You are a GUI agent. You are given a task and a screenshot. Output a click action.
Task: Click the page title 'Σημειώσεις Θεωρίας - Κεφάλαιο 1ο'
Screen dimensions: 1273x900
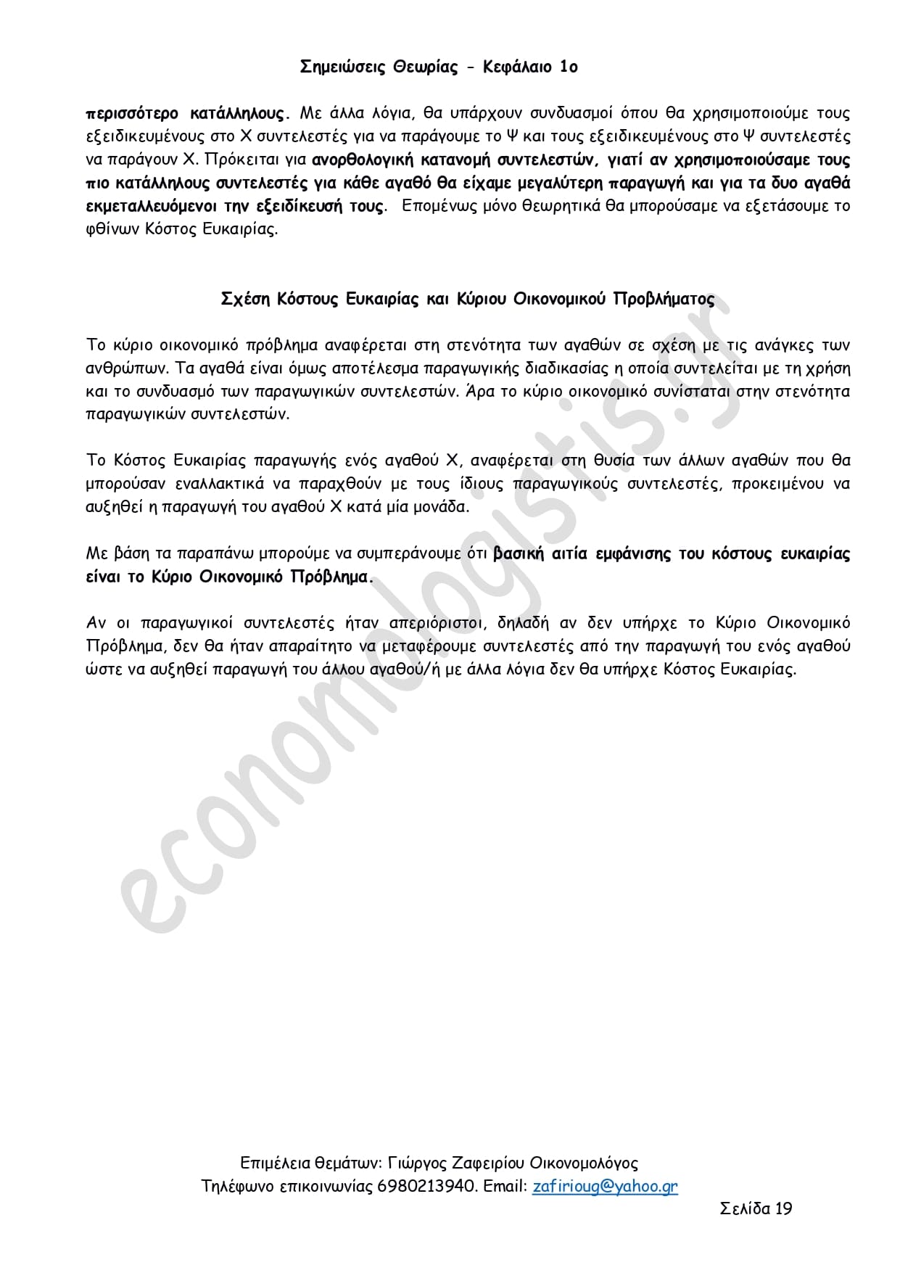(439, 67)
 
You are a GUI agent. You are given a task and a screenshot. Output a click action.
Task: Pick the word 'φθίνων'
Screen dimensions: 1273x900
(110, 231)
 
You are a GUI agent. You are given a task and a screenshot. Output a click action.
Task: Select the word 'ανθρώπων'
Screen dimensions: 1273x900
(120, 368)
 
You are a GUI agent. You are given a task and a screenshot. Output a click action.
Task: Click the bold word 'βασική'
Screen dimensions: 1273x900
(518, 554)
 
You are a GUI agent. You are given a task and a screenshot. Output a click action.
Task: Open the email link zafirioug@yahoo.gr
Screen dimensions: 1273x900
(605, 1187)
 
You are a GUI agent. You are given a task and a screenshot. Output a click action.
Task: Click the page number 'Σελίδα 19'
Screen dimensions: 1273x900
(756, 1208)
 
